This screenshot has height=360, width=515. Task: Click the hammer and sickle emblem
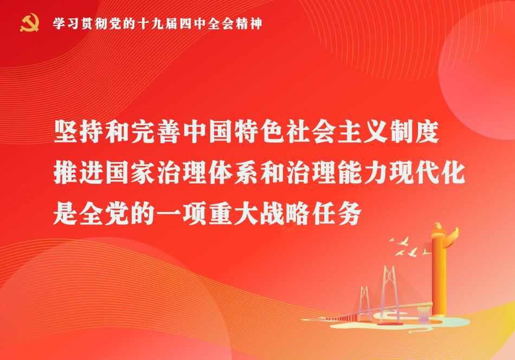coord(29,23)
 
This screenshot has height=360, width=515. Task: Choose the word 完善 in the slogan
coord(156,132)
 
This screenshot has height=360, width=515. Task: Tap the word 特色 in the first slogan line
coord(260,132)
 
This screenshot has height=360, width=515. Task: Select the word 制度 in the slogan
coord(414,132)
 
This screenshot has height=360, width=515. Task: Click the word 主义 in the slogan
coord(362,132)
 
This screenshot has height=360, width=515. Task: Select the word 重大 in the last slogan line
coord(234,213)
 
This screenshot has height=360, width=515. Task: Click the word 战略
coord(285,213)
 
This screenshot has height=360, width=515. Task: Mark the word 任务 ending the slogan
coord(337,213)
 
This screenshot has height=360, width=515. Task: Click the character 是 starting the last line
coord(66,213)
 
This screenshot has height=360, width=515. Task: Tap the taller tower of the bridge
coord(390,294)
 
